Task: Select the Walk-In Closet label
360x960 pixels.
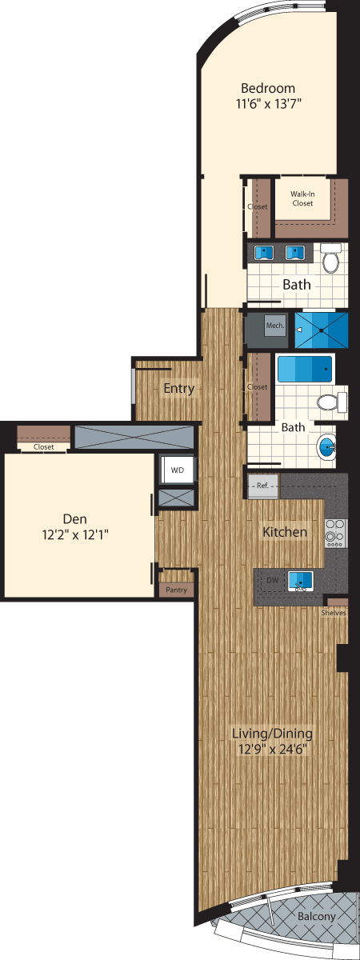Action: [x=302, y=198]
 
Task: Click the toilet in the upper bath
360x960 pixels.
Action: [x=331, y=258]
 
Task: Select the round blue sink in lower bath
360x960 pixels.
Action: [x=329, y=446]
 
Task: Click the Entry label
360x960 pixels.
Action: [x=178, y=389]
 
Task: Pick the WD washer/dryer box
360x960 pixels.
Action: [x=177, y=470]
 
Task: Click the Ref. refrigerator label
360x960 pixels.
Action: [x=262, y=486]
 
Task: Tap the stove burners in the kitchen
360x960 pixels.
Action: [x=335, y=533]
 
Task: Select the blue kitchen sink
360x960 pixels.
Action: [x=301, y=579]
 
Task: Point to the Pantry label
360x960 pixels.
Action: [x=175, y=590]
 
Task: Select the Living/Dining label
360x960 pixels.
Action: [x=271, y=733]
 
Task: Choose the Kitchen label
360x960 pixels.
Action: [x=285, y=532]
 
